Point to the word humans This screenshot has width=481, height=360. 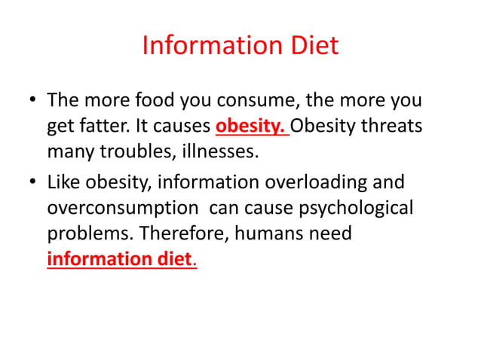pyautogui.click(x=270, y=233)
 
